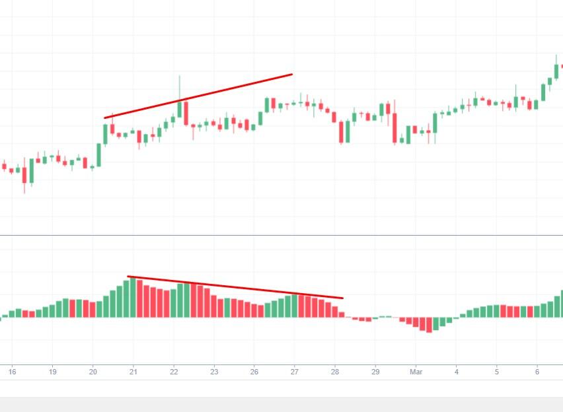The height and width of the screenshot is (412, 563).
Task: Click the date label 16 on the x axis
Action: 12,372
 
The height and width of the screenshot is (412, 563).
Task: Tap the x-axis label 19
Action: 52,372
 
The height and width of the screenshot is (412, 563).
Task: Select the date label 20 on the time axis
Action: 93,372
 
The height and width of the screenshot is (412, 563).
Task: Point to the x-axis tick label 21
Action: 133,372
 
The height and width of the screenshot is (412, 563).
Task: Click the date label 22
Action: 174,372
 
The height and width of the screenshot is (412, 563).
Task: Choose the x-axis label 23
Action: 214,372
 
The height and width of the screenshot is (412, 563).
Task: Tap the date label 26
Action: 254,372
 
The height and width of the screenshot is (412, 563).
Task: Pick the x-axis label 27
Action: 295,372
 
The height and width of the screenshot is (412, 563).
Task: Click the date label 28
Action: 335,372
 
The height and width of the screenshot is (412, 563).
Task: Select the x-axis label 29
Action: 375,372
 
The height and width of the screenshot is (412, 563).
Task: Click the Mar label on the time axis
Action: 416,372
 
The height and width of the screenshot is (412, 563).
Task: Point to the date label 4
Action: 456,372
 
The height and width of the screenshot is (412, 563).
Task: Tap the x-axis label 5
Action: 496,372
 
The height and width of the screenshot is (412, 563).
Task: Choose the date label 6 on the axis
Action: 537,372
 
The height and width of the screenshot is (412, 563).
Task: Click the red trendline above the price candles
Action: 198,96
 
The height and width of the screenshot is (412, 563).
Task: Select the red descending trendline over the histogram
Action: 235,287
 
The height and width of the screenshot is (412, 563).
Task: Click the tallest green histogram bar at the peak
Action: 133,297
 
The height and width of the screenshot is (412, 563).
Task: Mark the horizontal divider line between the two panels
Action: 281,235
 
